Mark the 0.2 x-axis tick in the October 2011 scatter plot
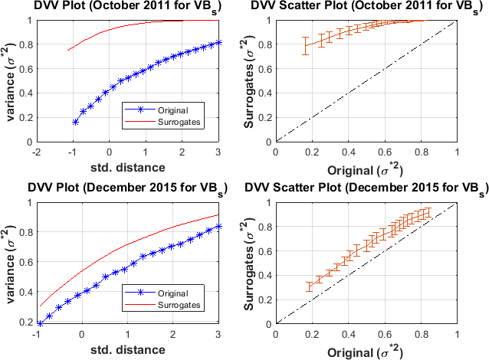pos(312,152)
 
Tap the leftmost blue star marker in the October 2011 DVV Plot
pos(75,122)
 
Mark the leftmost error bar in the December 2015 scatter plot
pos(309,287)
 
